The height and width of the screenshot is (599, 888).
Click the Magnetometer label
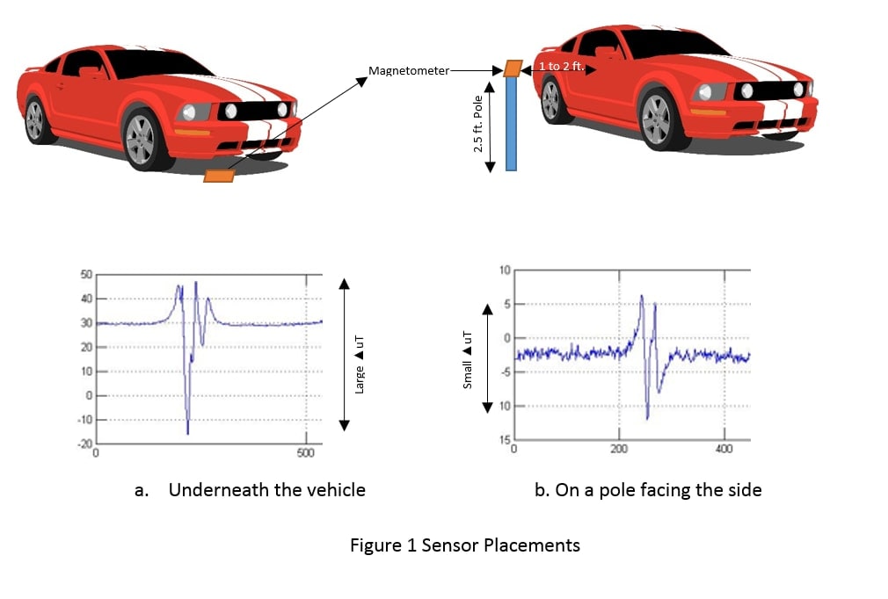coord(409,70)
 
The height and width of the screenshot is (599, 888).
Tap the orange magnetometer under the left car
coord(219,176)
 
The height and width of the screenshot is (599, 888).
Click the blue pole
coord(511,123)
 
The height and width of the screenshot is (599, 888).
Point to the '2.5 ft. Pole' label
coord(479,123)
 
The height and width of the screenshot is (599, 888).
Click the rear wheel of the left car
coord(35,119)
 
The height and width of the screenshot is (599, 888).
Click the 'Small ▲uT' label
coord(468,359)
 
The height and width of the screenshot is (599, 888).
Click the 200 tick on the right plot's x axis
coord(619,449)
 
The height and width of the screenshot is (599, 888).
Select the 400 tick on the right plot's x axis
coord(724,449)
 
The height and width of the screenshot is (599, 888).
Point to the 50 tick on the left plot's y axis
coord(86,275)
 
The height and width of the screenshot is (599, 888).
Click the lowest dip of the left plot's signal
coord(187,432)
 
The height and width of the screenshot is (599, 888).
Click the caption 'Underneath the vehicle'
coord(266,490)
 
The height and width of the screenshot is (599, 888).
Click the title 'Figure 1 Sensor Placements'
coord(465,545)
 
